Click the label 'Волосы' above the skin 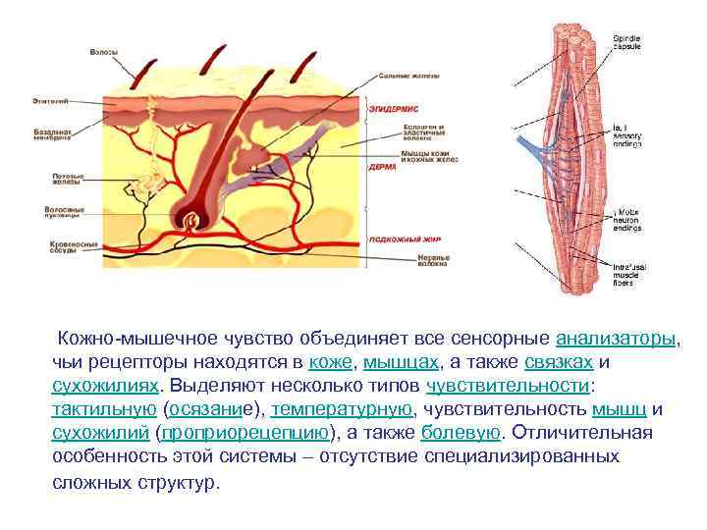click(103, 50)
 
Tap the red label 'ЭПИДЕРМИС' click(393, 109)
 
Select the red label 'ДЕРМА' click(382, 167)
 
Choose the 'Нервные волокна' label click(398, 261)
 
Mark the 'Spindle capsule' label click(627, 41)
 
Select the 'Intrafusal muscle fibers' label click(629, 274)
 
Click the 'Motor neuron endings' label click(629, 219)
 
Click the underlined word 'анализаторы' click(616, 339)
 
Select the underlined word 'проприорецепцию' click(246, 433)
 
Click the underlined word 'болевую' click(461, 433)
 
